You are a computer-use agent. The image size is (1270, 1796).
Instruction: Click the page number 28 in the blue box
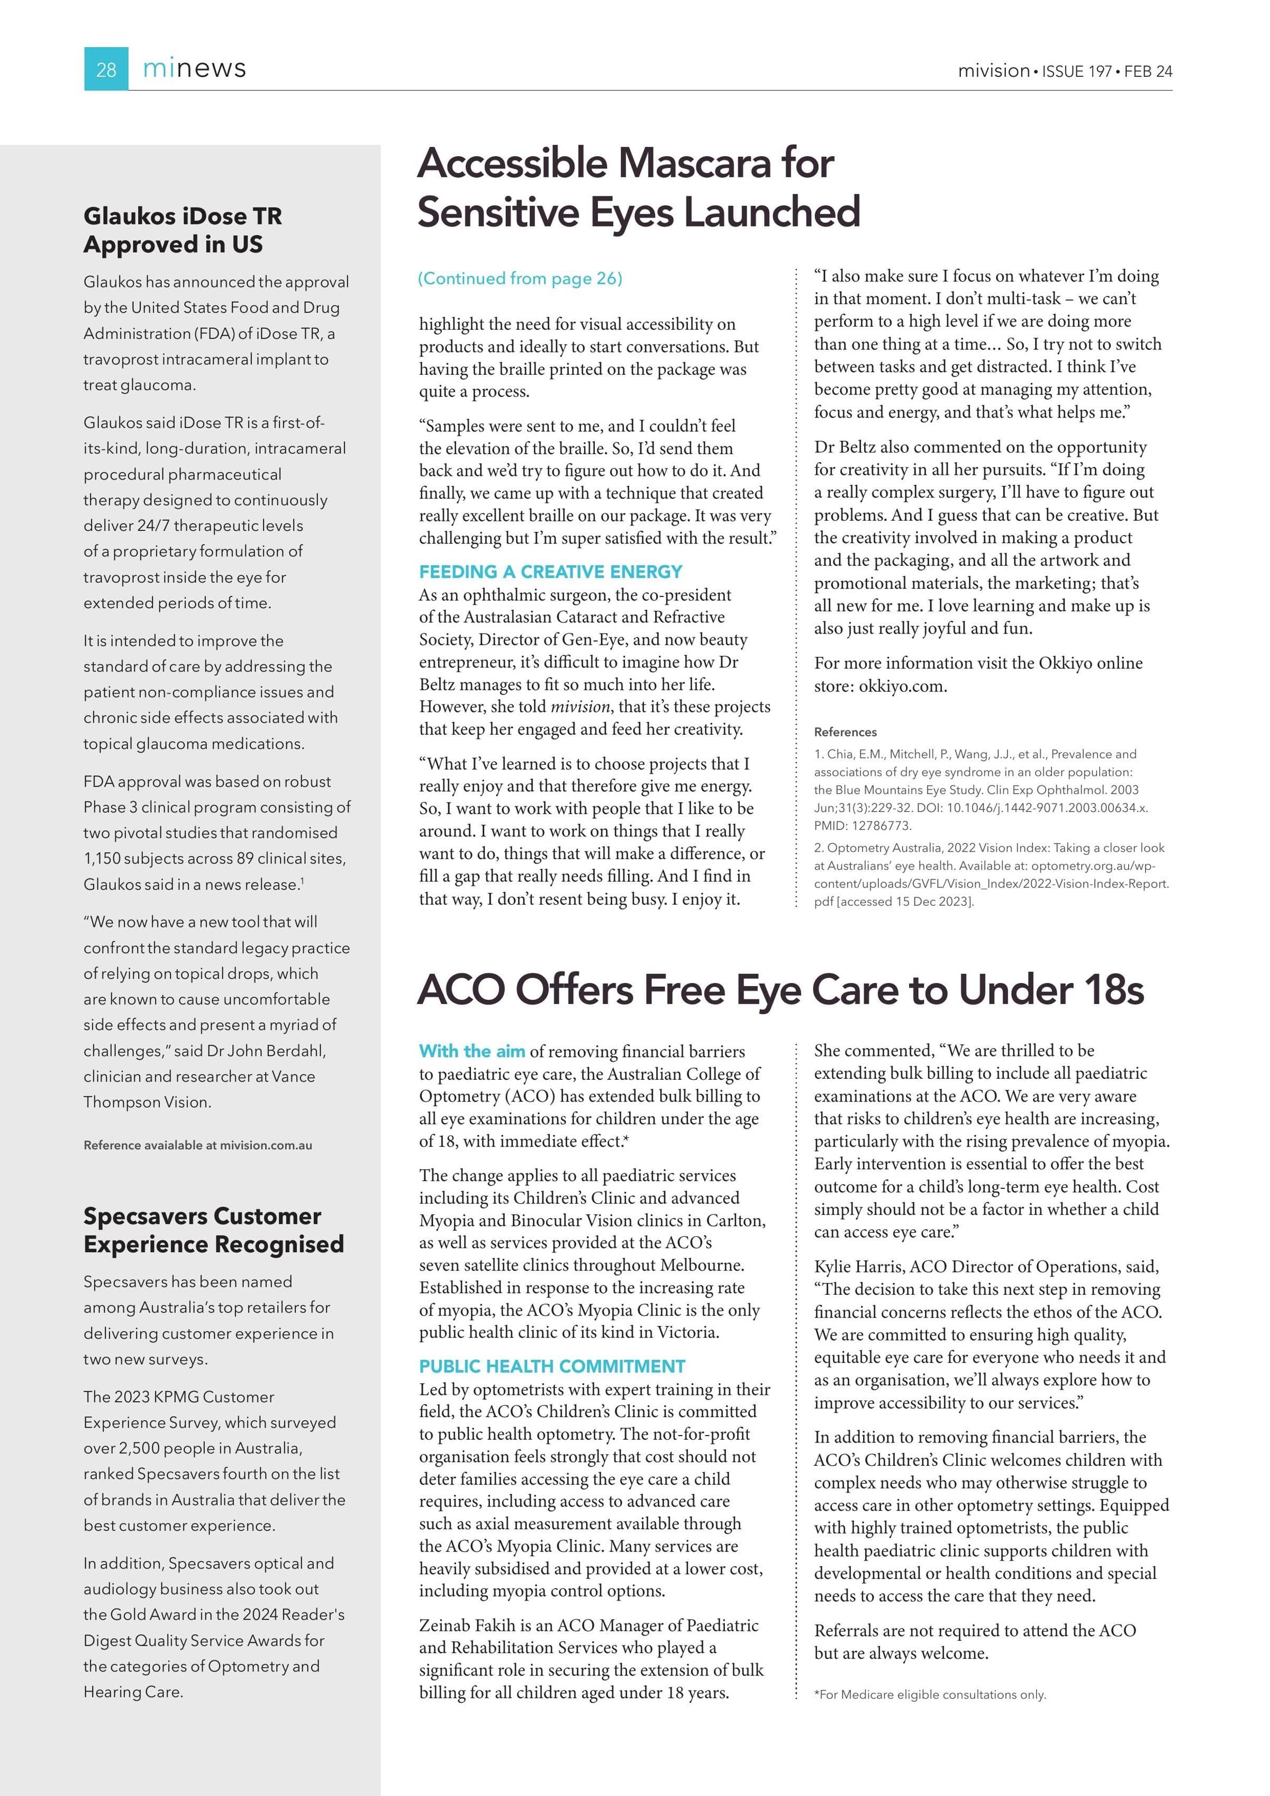click(106, 70)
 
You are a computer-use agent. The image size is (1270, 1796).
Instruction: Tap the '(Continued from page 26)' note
click(520, 278)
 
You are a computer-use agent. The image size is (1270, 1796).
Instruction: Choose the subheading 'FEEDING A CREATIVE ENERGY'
click(550, 571)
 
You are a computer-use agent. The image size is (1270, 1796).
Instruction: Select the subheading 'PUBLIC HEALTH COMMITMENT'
click(552, 1367)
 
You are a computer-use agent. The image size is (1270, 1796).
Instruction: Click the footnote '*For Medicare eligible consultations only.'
click(929, 1694)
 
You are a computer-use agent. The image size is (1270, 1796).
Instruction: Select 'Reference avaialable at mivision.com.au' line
click(198, 1145)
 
